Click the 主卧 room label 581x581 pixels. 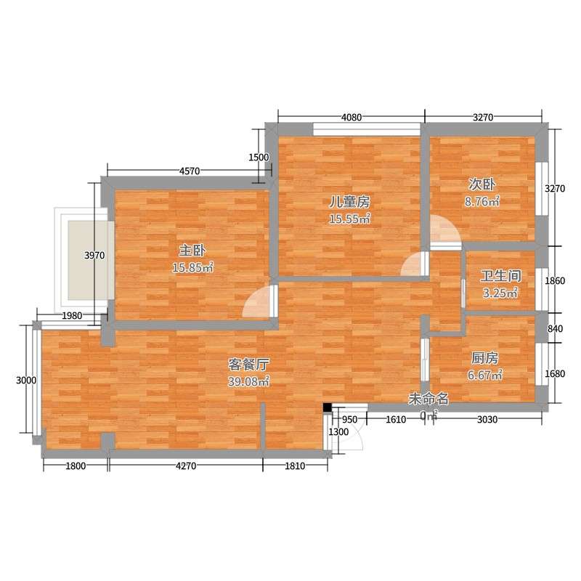[x=192, y=251]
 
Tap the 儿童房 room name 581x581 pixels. [x=350, y=203]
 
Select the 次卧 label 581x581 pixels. [x=482, y=184]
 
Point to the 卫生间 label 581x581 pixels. [x=500, y=276]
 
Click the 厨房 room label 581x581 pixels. [x=484, y=358]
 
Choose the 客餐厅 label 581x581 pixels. [x=248, y=365]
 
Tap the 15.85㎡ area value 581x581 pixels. [x=192, y=267]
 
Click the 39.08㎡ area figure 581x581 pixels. [x=248, y=381]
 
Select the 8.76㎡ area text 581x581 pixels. [x=482, y=201]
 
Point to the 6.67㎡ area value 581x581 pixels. [x=484, y=375]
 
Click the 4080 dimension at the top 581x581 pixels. [x=352, y=118]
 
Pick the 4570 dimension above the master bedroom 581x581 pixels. [x=190, y=171]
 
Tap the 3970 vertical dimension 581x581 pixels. [x=94, y=256]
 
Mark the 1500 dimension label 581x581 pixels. [x=259, y=158]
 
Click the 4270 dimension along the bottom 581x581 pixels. [x=186, y=466]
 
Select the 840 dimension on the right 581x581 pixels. [x=555, y=329]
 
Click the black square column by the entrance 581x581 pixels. [x=328, y=407]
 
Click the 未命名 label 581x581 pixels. [x=428, y=399]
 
